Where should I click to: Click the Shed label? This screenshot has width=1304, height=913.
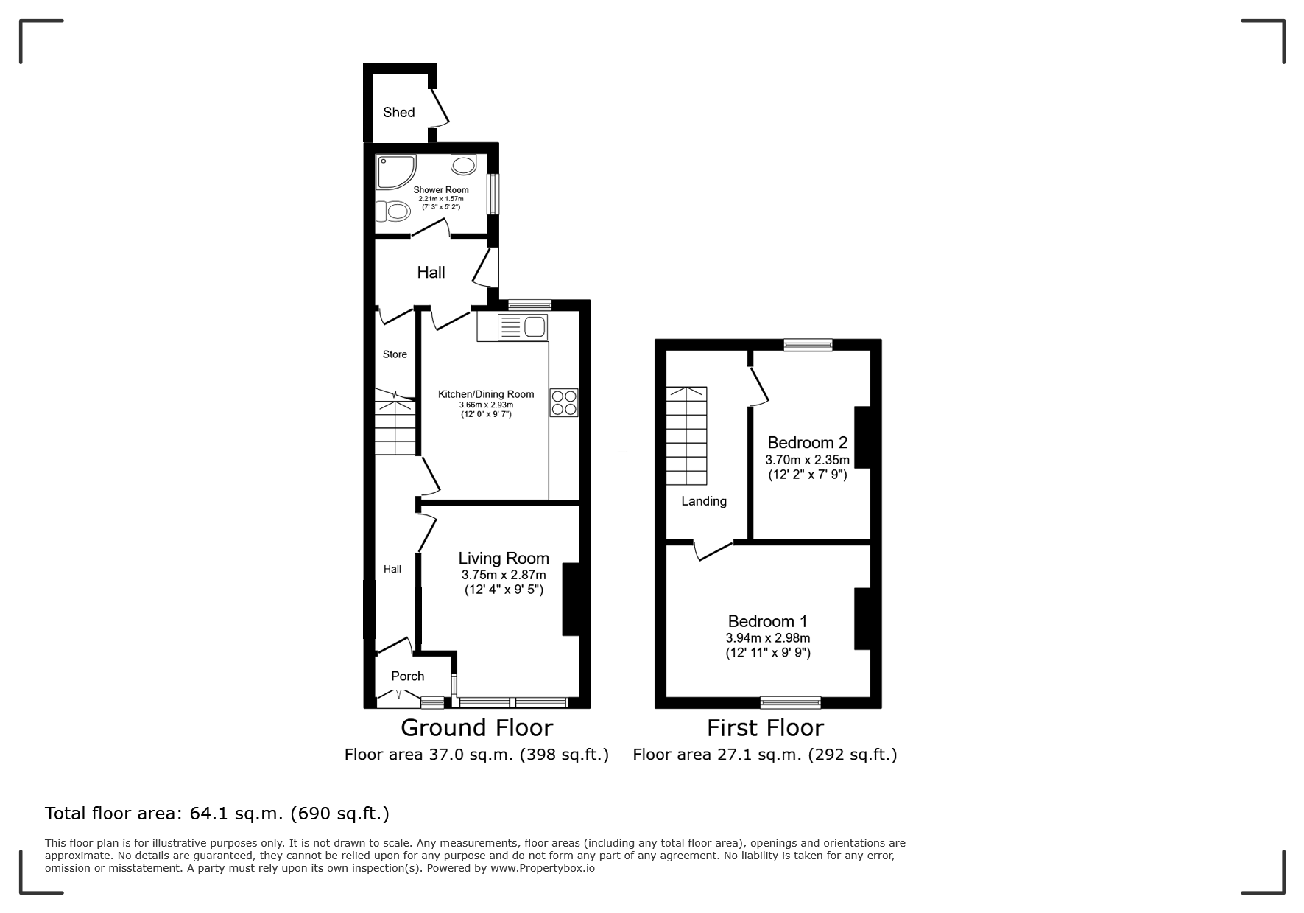coord(398,112)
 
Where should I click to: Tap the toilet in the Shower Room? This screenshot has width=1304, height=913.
coord(392,211)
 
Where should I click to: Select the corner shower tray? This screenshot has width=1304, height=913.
coord(395,171)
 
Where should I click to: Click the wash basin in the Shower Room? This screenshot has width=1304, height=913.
coord(463,164)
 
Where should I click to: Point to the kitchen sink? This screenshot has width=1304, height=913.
coord(523,326)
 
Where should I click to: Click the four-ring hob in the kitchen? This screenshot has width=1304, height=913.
coord(564,402)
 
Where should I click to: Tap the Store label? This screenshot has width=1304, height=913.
coord(395,354)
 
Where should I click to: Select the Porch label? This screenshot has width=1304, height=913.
coord(408,676)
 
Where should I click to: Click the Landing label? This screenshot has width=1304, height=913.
coord(704,501)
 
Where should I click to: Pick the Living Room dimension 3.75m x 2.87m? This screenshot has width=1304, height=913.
coord(504,575)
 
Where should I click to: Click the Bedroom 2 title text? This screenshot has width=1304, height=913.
coord(808,442)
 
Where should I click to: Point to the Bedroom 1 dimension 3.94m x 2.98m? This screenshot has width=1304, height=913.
coord(768,638)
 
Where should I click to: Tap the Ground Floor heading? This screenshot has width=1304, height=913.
coord(476,728)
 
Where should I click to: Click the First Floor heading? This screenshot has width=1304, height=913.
coord(765,728)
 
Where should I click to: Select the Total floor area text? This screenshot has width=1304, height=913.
coord(217,814)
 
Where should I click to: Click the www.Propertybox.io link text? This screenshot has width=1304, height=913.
coord(543,868)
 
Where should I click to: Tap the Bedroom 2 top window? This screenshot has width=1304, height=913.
coord(808,344)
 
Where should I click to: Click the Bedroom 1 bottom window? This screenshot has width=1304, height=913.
coord(791,702)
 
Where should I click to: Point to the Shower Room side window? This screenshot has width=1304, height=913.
coord(493,194)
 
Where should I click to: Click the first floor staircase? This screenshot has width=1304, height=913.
coord(687,435)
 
